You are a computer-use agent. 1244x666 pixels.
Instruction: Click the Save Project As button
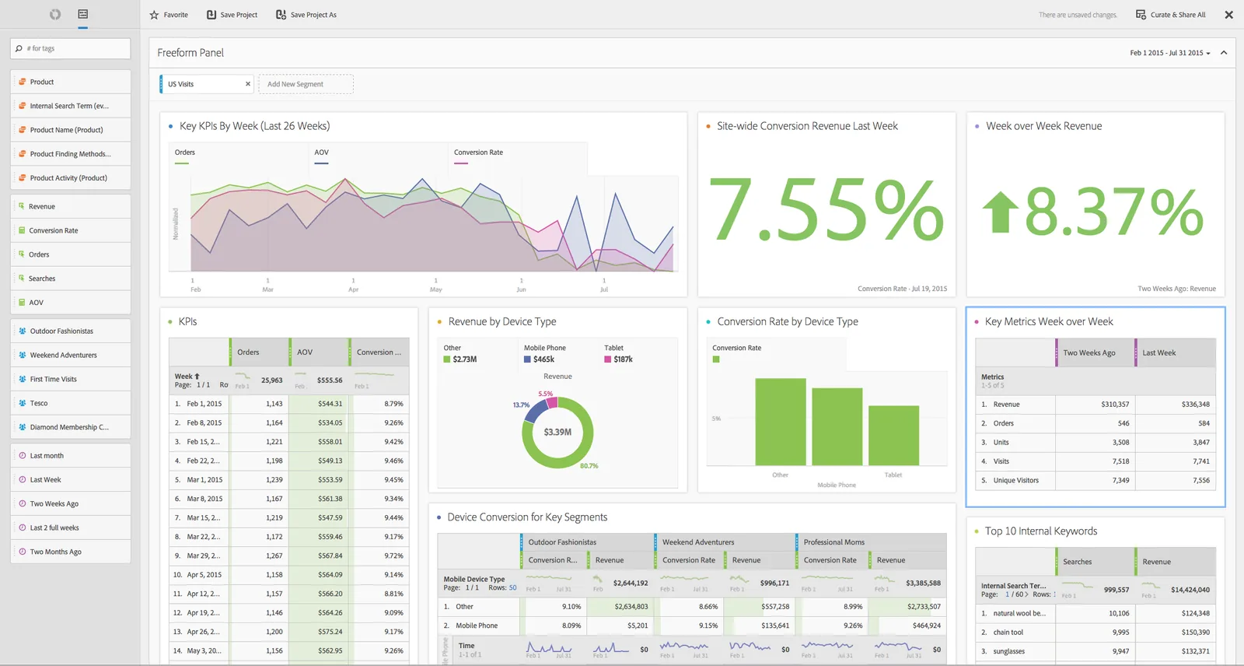point(306,15)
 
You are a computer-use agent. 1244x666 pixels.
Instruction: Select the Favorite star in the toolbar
point(154,15)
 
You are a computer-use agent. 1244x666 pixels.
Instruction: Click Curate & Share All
point(1171,15)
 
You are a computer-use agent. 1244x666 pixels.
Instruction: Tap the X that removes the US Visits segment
point(248,84)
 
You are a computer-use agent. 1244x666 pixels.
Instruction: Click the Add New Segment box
point(306,84)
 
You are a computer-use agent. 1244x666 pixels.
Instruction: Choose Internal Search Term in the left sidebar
point(69,106)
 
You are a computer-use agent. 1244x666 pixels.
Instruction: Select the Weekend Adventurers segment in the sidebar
point(64,356)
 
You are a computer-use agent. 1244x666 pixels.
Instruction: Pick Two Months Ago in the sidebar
point(55,552)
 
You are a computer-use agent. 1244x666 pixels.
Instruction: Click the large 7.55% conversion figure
point(826,210)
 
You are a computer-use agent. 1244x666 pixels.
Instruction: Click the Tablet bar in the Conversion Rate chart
point(893,436)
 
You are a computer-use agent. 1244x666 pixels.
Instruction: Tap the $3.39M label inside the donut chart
point(557,433)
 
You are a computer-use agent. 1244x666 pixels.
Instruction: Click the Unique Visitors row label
point(1015,481)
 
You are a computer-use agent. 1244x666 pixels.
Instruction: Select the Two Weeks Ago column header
point(1088,353)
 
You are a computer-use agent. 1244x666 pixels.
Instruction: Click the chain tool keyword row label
point(1008,633)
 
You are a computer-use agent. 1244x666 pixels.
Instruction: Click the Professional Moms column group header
point(833,542)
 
